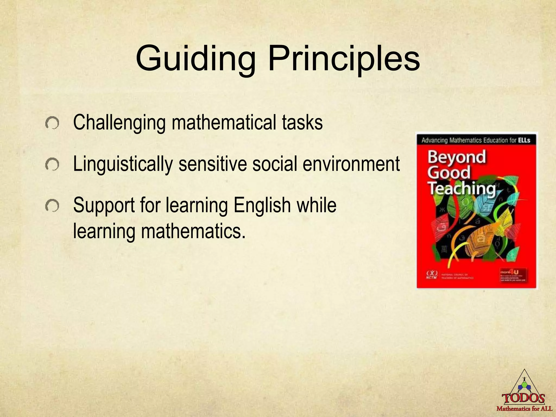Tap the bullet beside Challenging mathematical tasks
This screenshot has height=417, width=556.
coord(52,124)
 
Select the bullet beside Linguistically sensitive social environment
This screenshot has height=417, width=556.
coord(52,165)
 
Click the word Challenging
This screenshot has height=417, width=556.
coord(119,123)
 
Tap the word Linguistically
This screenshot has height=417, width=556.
coord(123,164)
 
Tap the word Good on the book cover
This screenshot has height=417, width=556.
coord(449,173)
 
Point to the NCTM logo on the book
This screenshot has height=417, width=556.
coord(431,274)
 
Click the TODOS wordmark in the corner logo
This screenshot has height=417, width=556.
coord(523,399)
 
